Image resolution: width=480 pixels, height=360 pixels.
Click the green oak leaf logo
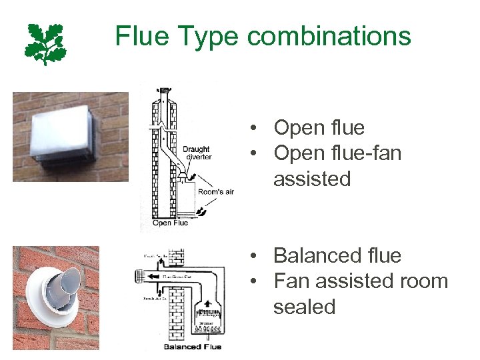tap(46, 43)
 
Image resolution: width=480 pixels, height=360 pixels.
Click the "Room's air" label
tap(215, 192)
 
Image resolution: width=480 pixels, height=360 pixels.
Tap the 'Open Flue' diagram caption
tap(171, 223)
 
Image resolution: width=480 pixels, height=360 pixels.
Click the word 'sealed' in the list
tap(303, 307)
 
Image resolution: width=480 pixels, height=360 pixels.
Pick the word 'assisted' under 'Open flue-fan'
tap(311, 179)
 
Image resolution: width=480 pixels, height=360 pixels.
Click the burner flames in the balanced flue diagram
tap(209, 327)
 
